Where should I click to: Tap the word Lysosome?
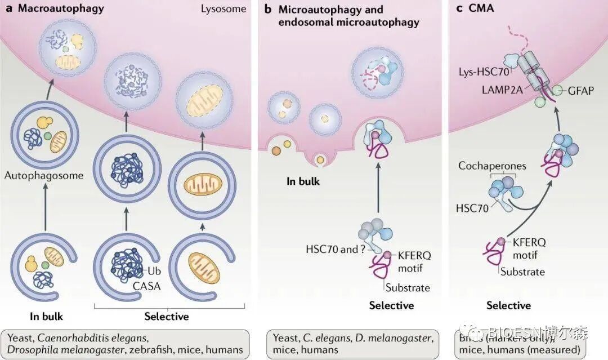pyautogui.click(x=223, y=8)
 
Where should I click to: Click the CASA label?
pyautogui.click(x=146, y=286)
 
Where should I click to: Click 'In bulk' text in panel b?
pyautogui.click(x=302, y=181)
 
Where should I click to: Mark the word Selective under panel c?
pyautogui.click(x=508, y=305)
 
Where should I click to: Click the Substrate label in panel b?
pyautogui.click(x=408, y=288)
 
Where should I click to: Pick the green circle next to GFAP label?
pyautogui.click(x=558, y=90)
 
